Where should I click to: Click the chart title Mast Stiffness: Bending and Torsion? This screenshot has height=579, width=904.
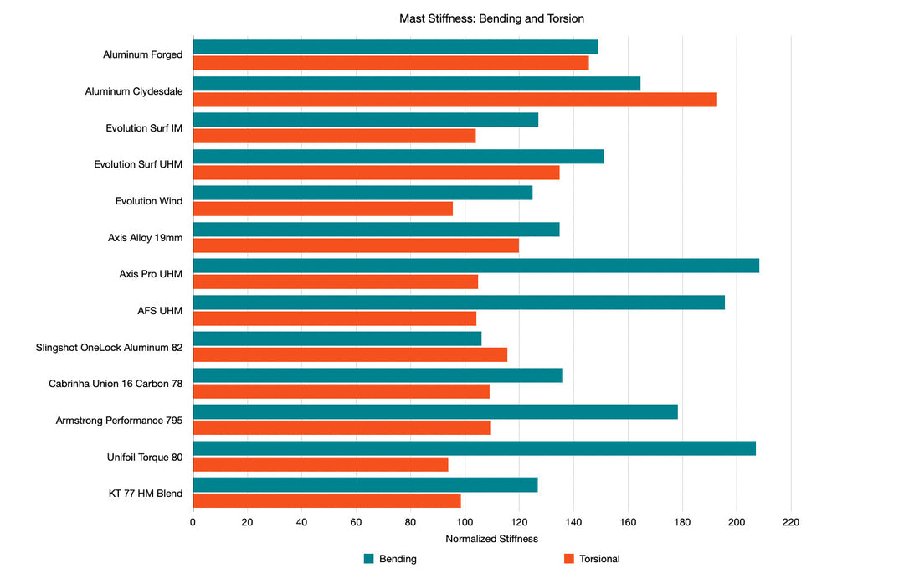(x=491, y=18)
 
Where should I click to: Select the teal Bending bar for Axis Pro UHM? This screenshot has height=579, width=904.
(x=475, y=266)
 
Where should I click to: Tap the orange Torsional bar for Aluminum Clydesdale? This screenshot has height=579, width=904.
(x=454, y=99)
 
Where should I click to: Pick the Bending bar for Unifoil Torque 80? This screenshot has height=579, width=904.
(x=474, y=448)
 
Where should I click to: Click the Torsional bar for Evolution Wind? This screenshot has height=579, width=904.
(x=322, y=209)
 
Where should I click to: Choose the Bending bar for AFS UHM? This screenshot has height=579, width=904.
(x=458, y=302)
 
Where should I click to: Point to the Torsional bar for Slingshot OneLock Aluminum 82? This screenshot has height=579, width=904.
(x=350, y=354)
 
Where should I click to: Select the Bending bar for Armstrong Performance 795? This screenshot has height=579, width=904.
(x=434, y=411)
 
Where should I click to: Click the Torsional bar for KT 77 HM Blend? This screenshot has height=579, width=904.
(x=326, y=500)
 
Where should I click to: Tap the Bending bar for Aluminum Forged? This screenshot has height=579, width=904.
(x=395, y=47)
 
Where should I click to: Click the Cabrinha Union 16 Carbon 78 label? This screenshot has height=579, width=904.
(x=116, y=384)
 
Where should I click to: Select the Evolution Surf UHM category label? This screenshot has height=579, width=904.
(x=138, y=164)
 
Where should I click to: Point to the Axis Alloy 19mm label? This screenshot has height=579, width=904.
(x=145, y=238)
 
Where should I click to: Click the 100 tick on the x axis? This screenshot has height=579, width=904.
(x=465, y=522)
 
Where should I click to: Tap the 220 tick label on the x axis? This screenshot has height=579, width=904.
(x=790, y=522)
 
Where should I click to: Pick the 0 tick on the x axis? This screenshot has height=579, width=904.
(x=193, y=522)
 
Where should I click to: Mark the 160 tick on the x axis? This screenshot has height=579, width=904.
(x=628, y=522)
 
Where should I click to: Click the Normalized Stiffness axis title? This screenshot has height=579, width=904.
(x=491, y=539)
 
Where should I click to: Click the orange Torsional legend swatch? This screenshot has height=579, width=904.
(x=569, y=559)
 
